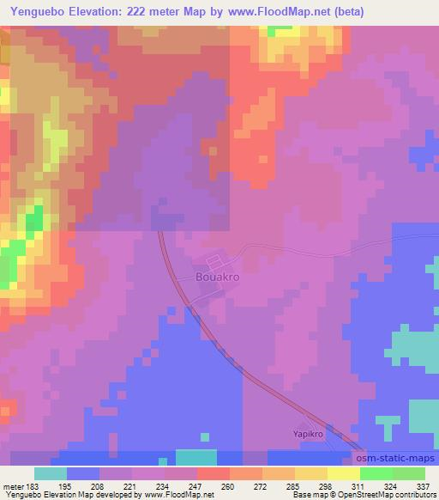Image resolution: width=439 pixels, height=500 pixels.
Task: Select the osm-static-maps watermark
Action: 397,460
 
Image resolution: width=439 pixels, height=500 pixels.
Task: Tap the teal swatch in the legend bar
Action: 51,473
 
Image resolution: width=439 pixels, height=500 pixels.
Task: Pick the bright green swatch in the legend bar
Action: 376,473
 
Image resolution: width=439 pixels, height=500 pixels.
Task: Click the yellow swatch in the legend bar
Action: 344,473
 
